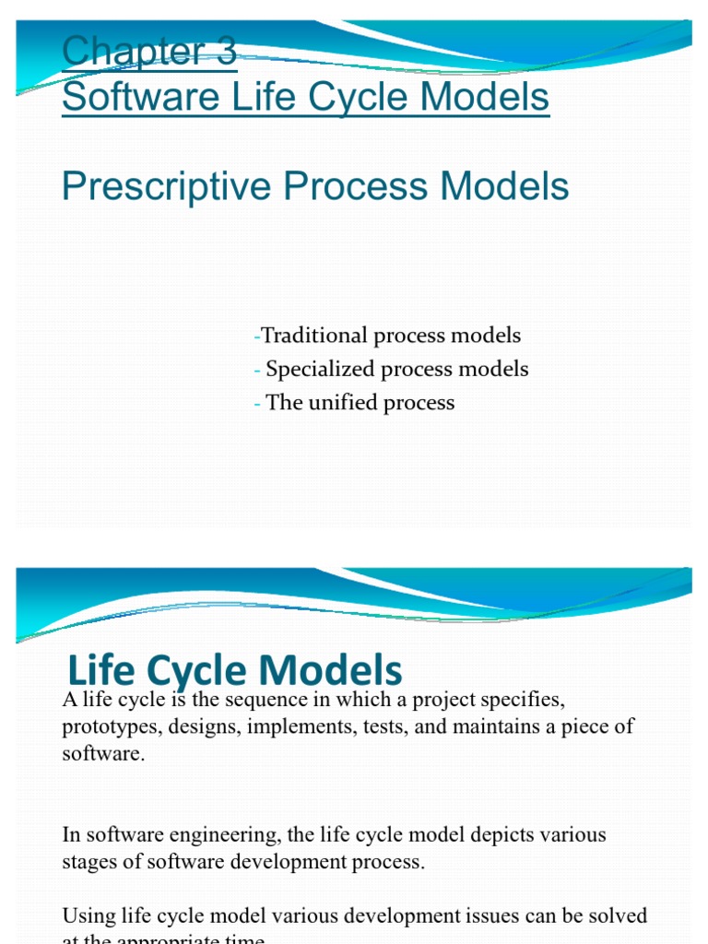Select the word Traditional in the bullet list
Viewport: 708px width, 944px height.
click(x=314, y=336)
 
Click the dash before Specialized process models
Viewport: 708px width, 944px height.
click(x=257, y=370)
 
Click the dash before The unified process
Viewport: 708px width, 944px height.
click(x=257, y=403)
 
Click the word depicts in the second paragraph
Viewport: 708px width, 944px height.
click(x=492, y=835)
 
